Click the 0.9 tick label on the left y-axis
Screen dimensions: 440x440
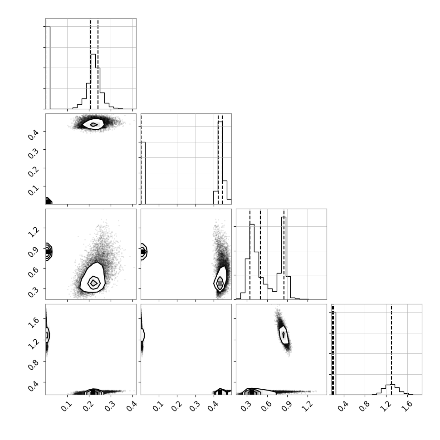click(x=33, y=251)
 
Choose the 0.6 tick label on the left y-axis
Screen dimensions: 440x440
click(x=33, y=272)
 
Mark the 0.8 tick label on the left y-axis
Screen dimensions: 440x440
click(x=33, y=365)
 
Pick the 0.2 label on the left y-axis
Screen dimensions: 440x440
click(x=33, y=171)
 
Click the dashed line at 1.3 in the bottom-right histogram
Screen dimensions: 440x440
click(x=391, y=350)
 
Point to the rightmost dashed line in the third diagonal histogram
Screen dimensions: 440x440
click(x=284, y=255)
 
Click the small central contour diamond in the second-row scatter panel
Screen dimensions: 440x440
click(x=94, y=125)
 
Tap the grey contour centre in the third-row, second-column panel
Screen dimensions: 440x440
click(x=220, y=283)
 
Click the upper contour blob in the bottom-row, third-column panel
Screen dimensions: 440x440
click(x=284, y=334)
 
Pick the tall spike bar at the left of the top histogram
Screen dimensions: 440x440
click(x=48, y=68)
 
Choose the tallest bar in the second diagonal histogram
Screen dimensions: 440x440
click(x=220, y=163)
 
